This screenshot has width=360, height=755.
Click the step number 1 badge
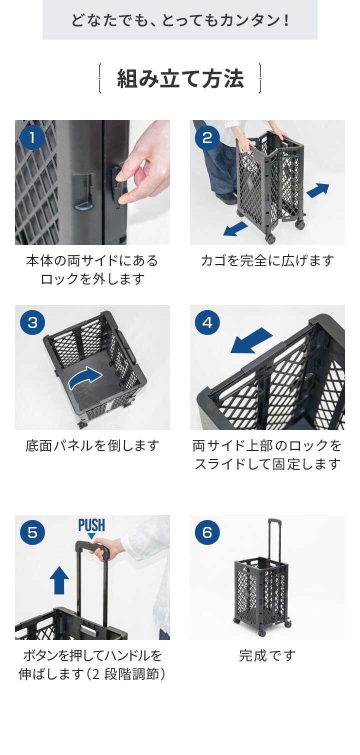pyautogui.click(x=32, y=137)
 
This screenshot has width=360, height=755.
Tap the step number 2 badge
pyautogui.click(x=207, y=137)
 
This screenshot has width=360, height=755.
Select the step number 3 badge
pyautogui.click(x=32, y=322)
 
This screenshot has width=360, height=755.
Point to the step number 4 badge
pyautogui.click(x=207, y=322)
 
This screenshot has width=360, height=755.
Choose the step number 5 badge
pyautogui.click(x=32, y=532)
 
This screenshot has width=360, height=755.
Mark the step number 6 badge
pyautogui.click(x=207, y=532)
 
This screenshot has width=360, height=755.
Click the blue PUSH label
pyautogui.click(x=91, y=525)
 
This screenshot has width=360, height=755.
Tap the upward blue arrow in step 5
pyautogui.click(x=59, y=579)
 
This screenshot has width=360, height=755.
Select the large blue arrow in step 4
pyautogui.click(x=251, y=340)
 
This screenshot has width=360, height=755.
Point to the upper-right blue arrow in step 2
pyautogui.click(x=317, y=190)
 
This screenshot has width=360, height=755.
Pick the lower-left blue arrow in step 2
pyautogui.click(x=235, y=228)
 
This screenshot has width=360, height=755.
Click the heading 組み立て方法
pyautogui.click(x=180, y=78)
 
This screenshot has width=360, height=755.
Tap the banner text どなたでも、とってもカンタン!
pyautogui.click(x=180, y=20)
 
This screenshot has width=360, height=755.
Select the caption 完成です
pyautogui.click(x=267, y=655)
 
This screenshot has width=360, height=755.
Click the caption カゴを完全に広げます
pyautogui.click(x=267, y=260)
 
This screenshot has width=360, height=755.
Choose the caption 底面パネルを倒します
pyautogui.click(x=92, y=445)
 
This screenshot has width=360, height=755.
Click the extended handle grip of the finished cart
pyautogui.click(x=274, y=520)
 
